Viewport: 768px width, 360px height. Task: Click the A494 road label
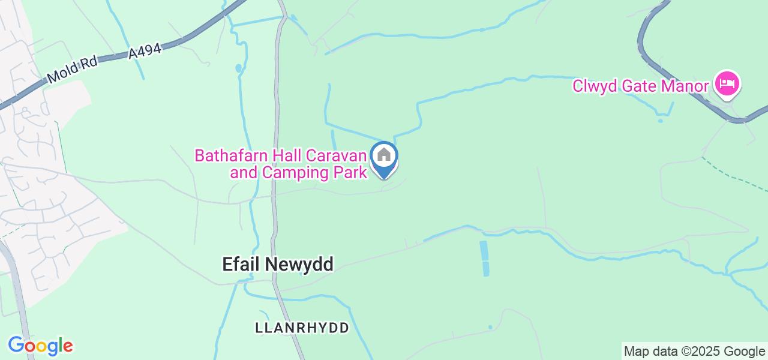click(145, 51)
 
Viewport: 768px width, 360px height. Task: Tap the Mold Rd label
click(71, 70)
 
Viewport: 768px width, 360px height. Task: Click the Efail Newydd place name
click(277, 264)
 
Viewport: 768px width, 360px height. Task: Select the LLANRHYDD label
click(302, 328)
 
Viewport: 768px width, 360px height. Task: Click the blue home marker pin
click(384, 158)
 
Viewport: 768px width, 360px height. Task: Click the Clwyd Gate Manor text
click(640, 86)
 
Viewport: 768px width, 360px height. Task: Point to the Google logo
click(40, 346)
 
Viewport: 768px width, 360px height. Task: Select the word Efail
click(239, 264)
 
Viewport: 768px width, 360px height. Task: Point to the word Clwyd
click(595, 86)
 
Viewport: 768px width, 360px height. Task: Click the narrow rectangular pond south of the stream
click(484, 258)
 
